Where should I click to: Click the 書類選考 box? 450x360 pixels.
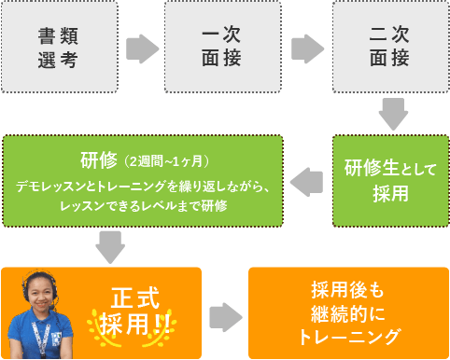58,47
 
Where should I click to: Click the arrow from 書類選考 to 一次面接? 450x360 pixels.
141,48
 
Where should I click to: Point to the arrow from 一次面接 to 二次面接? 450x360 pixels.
305,48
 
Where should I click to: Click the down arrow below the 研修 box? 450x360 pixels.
111,247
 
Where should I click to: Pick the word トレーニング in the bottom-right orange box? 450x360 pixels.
345,335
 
